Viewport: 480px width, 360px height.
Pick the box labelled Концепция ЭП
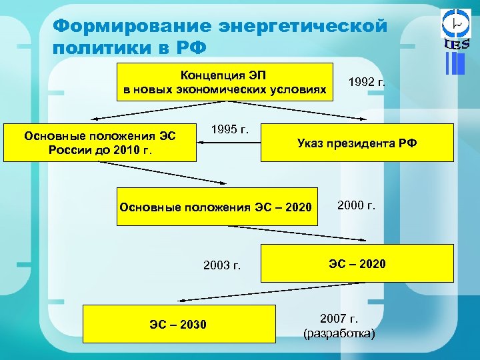pos(225,81)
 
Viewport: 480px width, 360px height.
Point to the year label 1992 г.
pos(367,83)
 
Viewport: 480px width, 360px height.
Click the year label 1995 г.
pos(230,129)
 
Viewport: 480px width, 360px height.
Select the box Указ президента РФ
pos(357,143)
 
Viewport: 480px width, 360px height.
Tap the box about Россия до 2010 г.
pos(100,142)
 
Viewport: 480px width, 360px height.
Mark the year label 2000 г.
pos(357,205)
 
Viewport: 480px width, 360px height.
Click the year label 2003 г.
pos(221,266)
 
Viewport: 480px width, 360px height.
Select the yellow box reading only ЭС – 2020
pos(357,263)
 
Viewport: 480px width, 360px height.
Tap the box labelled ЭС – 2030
pos(179,324)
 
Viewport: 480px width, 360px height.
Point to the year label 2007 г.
pos(339,318)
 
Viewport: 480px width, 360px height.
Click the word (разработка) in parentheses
pos(339,333)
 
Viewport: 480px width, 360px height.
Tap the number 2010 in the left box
pos(126,149)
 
